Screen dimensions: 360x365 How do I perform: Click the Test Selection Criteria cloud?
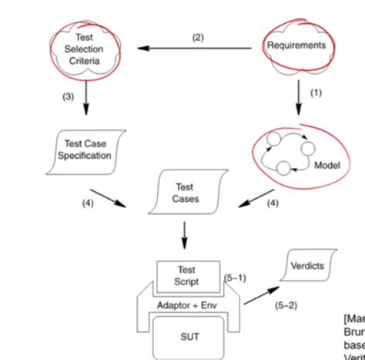point(85,49)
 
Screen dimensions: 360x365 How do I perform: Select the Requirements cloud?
point(296,45)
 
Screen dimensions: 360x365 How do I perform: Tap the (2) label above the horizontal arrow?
point(198,37)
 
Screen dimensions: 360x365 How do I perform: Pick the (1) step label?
point(315,93)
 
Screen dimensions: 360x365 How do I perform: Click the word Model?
point(326,165)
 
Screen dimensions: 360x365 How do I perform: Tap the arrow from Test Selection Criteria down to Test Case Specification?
point(85,98)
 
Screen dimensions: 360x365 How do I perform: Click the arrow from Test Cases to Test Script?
point(185,232)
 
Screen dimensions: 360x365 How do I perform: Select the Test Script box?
point(187,276)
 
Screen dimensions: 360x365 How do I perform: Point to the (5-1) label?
point(234,277)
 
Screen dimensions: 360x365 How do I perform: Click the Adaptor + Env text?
point(187,304)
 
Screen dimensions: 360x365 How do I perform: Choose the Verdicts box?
point(307,267)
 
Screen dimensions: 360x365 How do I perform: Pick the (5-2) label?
point(286,304)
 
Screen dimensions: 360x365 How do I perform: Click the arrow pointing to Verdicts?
point(263,294)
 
